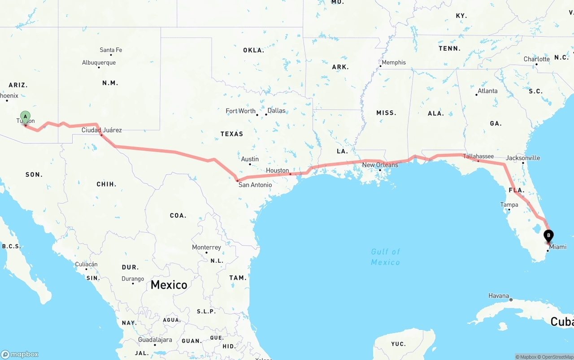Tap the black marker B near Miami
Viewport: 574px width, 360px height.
548,235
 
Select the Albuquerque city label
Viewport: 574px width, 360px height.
99,63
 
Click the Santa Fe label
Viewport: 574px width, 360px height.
111,50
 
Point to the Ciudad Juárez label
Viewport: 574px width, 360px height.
101,130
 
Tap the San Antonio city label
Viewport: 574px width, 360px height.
255,185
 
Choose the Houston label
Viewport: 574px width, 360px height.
277,170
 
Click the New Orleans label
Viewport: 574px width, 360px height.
380,165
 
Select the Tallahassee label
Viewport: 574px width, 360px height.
478,156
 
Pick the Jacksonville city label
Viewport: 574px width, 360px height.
523,158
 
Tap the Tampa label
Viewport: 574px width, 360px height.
509,205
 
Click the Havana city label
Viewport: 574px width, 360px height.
499,296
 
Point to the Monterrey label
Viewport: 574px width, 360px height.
206,247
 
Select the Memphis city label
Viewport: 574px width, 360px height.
394,62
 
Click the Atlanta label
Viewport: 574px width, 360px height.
487,91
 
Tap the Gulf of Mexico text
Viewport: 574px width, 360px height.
385,257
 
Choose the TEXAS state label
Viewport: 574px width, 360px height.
232,134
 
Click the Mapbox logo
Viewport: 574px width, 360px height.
20,354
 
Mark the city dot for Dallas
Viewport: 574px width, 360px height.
266,114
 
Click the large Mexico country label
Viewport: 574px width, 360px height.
169,285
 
